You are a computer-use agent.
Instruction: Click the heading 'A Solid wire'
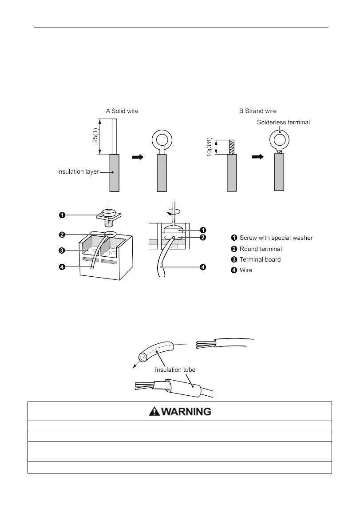pos(122,111)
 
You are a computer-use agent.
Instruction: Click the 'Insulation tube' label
pos(175,370)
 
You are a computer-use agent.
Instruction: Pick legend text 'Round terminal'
pos(261,249)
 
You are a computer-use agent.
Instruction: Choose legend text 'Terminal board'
pos(260,259)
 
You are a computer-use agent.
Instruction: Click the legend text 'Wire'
pos(246,270)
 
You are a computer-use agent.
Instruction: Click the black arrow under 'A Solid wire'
pos(138,157)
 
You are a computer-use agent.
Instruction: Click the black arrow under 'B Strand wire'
pos(258,157)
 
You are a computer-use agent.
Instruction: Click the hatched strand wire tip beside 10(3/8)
pos(231,147)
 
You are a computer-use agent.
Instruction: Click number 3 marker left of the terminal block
pos(63,251)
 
